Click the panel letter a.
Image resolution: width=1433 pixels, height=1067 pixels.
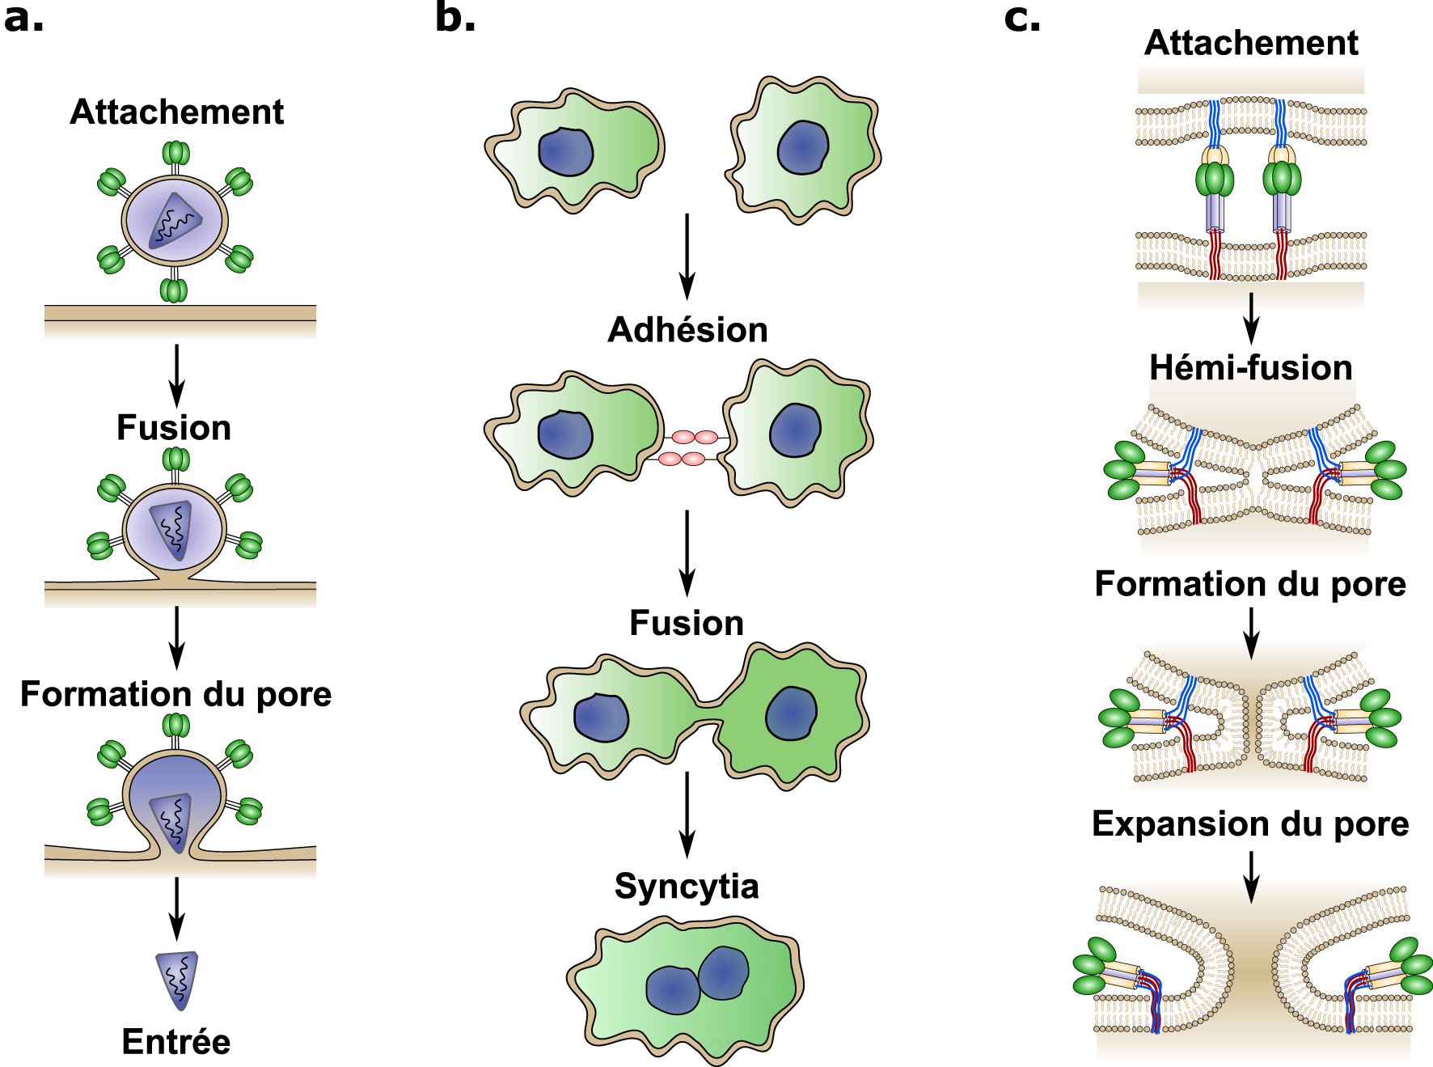coord(23,18)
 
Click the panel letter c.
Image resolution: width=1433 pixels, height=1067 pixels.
coord(1022,18)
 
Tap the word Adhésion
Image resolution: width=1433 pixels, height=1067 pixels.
coord(687,330)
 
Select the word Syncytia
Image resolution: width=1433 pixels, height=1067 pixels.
coord(687,887)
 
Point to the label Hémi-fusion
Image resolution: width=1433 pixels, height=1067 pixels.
coord(1251,367)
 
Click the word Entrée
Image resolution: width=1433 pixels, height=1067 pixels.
coord(176,1041)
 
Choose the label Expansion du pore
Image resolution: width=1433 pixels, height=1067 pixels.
coord(1250,824)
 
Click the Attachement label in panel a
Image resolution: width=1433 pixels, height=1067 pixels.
coord(176,112)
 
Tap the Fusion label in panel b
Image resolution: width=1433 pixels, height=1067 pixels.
coord(687,623)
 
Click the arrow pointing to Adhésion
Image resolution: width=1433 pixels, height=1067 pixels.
coord(687,256)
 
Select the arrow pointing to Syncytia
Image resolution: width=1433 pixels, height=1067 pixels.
coord(687,815)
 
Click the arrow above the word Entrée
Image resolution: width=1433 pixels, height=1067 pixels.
coord(176,908)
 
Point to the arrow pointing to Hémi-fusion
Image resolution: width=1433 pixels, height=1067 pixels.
coord(1251,319)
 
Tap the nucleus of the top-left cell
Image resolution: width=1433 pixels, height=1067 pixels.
coord(565,151)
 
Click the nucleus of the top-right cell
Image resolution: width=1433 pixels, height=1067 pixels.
coord(803,147)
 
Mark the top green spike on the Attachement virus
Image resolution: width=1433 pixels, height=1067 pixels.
coord(175,153)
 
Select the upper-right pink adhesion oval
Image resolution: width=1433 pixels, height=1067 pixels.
coord(706,438)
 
